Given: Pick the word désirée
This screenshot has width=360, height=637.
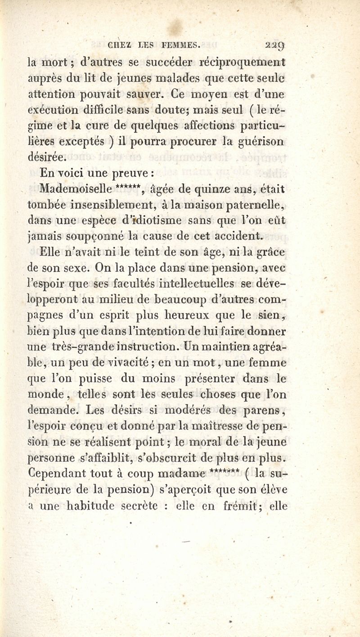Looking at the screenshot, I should [47, 157].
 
